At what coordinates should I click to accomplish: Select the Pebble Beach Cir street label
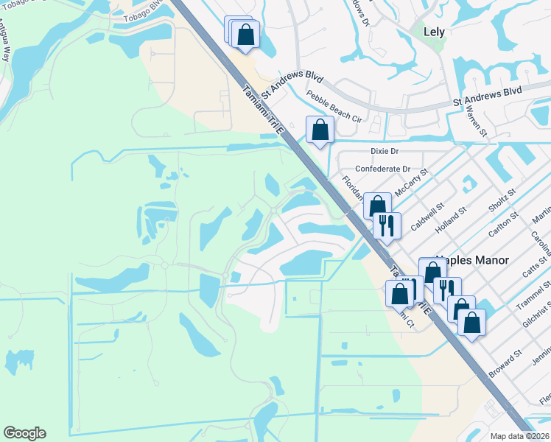point(335,108)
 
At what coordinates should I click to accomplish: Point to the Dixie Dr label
point(383,151)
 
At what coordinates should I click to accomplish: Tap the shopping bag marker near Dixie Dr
point(320,130)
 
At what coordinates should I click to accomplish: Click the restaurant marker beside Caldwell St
point(386,224)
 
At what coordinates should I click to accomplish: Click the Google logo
point(24,433)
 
